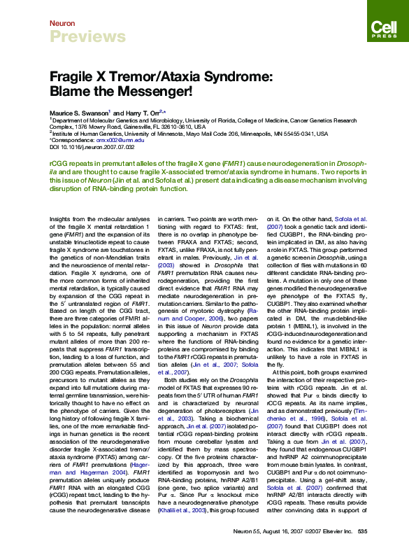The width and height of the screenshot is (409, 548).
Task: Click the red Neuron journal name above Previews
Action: tap(62, 23)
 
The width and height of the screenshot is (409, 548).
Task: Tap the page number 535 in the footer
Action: tap(362, 532)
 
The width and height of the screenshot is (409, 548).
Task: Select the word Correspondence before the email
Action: tap(73, 139)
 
